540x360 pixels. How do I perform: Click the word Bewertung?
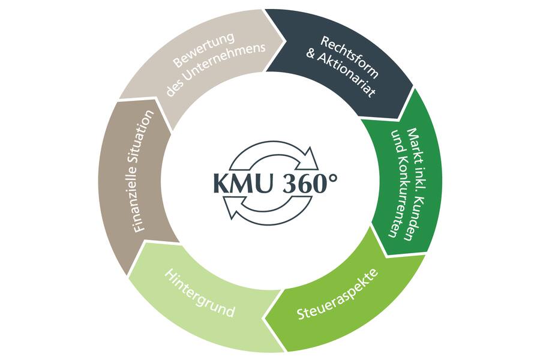tap(203, 49)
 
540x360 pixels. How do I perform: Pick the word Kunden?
tap(413, 220)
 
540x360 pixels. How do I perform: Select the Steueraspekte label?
tap(337, 294)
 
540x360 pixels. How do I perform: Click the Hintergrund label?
tap(199, 293)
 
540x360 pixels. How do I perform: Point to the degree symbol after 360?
tap(332, 178)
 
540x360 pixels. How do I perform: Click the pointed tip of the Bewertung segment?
tap(286, 41)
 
